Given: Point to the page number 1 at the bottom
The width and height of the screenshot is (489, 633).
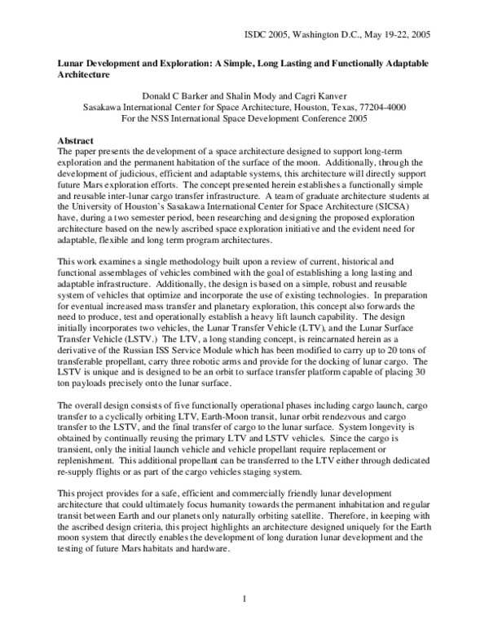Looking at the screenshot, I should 244,601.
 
